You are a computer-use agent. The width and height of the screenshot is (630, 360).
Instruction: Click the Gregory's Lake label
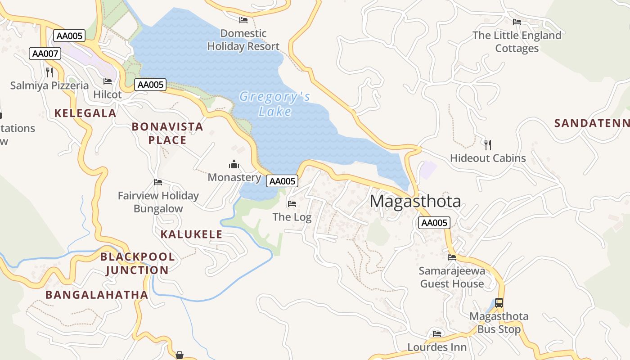click(274, 104)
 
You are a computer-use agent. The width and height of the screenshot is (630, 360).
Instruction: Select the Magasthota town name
click(415, 201)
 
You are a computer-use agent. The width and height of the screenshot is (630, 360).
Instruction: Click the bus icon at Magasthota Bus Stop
click(499, 303)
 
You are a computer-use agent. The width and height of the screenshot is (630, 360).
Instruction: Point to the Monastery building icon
click(234, 164)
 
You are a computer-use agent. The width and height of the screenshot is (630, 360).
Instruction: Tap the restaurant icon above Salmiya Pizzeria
click(49, 72)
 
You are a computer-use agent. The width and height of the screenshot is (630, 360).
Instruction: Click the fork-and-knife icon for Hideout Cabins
click(488, 144)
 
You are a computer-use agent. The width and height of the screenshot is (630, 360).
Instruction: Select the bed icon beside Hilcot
click(108, 81)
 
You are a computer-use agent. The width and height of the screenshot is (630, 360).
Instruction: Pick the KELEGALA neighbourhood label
click(85, 113)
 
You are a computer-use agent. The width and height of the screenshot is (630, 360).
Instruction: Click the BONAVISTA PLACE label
click(167, 134)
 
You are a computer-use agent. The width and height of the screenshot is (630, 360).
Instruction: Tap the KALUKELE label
click(191, 234)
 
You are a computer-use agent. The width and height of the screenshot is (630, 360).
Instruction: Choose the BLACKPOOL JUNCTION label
click(137, 264)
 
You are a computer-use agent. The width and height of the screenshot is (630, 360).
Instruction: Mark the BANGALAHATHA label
click(97, 295)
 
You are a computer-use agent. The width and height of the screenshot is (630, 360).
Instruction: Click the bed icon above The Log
click(292, 204)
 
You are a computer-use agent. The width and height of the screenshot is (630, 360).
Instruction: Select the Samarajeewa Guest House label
click(452, 277)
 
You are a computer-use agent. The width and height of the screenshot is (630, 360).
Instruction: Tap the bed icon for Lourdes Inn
click(436, 334)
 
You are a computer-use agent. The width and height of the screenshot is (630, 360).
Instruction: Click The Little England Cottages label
click(517, 42)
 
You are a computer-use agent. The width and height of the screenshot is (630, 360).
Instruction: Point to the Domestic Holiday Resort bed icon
click(243, 20)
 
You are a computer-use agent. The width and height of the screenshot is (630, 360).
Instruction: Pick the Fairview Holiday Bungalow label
click(158, 202)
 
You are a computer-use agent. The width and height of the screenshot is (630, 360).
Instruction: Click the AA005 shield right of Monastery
click(282, 181)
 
